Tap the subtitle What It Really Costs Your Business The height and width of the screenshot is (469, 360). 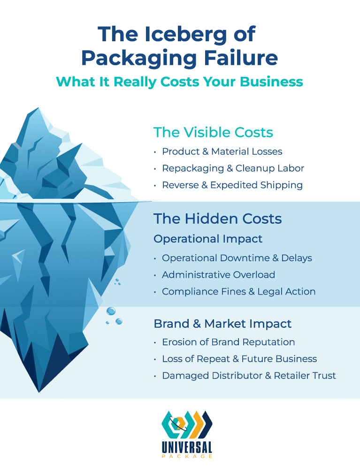(179, 81)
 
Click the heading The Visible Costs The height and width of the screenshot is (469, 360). (213, 132)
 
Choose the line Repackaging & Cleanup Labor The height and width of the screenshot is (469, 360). (233, 168)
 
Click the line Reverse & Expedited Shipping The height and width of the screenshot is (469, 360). (232, 185)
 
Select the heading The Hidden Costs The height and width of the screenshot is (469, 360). (218, 219)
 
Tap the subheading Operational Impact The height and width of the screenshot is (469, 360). (208, 239)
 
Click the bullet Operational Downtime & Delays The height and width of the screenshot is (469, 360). (237, 258)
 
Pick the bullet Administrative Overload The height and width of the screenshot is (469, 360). (218, 275)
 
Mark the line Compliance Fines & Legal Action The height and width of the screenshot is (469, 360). (238, 292)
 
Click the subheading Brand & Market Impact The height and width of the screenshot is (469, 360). (222, 324)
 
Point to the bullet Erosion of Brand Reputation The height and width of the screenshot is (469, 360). (228, 342)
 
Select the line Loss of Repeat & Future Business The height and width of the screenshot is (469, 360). (239, 359)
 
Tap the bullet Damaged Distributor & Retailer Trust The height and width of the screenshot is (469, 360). (249, 376)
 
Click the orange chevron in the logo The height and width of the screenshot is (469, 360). (196, 425)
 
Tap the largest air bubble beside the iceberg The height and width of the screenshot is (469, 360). (111, 310)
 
